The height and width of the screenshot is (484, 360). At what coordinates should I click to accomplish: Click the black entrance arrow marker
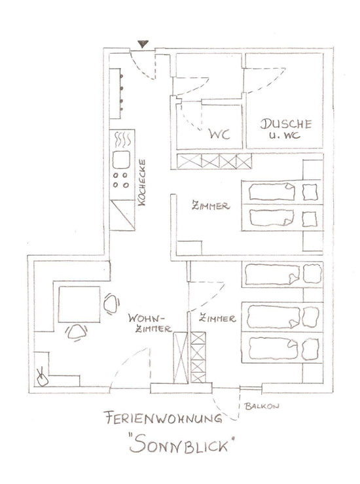click(143, 44)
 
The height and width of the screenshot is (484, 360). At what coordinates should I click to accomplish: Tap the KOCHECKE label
click(142, 182)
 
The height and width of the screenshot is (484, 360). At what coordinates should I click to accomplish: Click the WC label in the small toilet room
click(219, 134)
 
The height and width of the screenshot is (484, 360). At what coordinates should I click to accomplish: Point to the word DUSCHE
click(285, 124)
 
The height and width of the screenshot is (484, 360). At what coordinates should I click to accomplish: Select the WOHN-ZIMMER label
click(150, 323)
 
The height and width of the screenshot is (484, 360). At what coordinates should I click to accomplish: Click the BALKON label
click(262, 406)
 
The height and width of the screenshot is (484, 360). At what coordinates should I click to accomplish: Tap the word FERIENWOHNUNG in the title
click(164, 418)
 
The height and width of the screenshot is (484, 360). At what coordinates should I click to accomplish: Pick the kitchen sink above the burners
click(121, 160)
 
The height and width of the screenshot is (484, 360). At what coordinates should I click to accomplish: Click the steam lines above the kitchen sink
click(122, 139)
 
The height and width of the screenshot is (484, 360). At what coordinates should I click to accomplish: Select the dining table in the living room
click(79, 304)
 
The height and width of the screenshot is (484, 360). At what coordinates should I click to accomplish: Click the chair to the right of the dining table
click(111, 303)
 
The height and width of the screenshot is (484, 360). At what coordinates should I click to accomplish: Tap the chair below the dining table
click(77, 332)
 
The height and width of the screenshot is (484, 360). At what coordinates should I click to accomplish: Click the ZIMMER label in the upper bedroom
click(211, 205)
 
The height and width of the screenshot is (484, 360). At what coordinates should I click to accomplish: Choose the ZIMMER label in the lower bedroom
click(217, 318)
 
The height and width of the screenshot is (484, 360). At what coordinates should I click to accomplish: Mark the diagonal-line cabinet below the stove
click(122, 215)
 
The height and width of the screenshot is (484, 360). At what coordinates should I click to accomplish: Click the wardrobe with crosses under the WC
click(214, 161)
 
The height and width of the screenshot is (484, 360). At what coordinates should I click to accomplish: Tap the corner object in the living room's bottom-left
click(43, 378)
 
